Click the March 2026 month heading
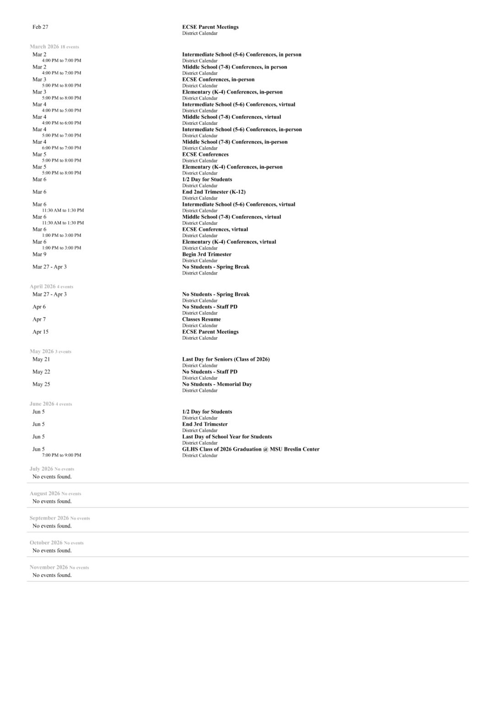click(x=44, y=47)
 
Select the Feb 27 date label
click(x=40, y=27)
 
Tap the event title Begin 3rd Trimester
click(x=206, y=255)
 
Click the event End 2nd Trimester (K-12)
click(x=214, y=192)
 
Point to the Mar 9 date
click(x=39, y=255)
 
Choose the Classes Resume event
click(x=201, y=319)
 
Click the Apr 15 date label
click(x=40, y=332)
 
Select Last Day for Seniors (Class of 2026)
click(x=226, y=359)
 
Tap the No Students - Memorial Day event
click(x=217, y=384)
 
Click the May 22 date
click(x=41, y=372)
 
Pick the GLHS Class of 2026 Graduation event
click(x=250, y=449)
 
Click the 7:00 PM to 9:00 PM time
click(x=61, y=455)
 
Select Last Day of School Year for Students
click(x=227, y=437)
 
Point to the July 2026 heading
click(x=41, y=469)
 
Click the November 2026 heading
click(x=49, y=568)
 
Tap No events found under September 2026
click(x=52, y=526)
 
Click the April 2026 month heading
click(x=43, y=287)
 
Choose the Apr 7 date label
click(x=39, y=319)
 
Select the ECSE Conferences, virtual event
click(x=215, y=229)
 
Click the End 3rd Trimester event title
click(x=205, y=425)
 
